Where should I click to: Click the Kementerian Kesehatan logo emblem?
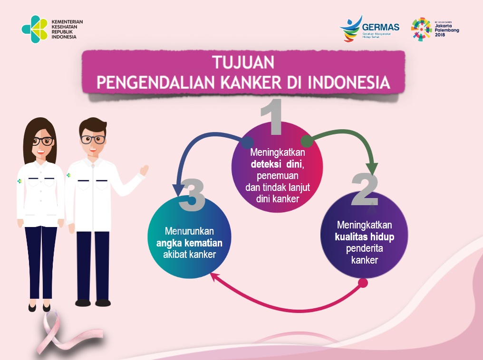pyautogui.click(x=34, y=29)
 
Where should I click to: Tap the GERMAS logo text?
pyautogui.click(x=380, y=27)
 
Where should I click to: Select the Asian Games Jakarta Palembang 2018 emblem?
pyautogui.click(x=421, y=29)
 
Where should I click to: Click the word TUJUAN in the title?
pyautogui.click(x=243, y=63)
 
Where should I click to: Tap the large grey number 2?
pyautogui.click(x=365, y=189)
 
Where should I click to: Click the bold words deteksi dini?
pyautogui.click(x=277, y=164)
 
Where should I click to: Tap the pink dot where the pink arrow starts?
pyautogui.click(x=363, y=283)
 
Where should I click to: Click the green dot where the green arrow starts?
pyautogui.click(x=306, y=141)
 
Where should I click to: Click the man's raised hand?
pyautogui.click(x=143, y=170)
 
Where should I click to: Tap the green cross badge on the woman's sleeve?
pyautogui.click(x=19, y=181)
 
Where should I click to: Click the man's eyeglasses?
pyautogui.click(x=92, y=139)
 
